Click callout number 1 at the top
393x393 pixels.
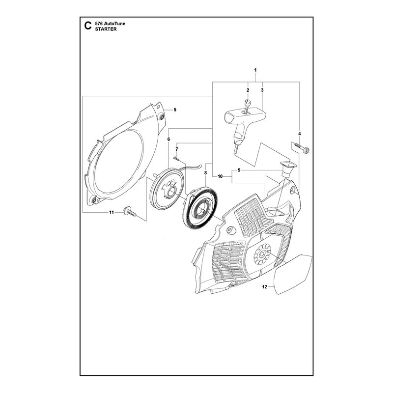pyautogui.click(x=255, y=70)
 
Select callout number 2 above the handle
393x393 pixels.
pyautogui.click(x=248, y=90)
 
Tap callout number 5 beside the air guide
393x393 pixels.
pyautogui.click(x=175, y=110)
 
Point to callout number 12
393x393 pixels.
pyautogui.click(x=265, y=287)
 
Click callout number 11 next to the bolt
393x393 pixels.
pyautogui.click(x=112, y=213)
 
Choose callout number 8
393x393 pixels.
pyautogui.click(x=205, y=173)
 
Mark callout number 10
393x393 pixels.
pyautogui.click(x=220, y=177)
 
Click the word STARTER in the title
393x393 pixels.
pyautogui.click(x=106, y=29)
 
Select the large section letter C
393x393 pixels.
pyautogui.click(x=88, y=26)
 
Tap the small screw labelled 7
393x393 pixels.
pyautogui.click(x=176, y=158)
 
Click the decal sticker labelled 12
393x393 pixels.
pyautogui.click(x=293, y=275)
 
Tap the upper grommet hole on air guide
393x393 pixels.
pyautogui.click(x=162, y=116)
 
